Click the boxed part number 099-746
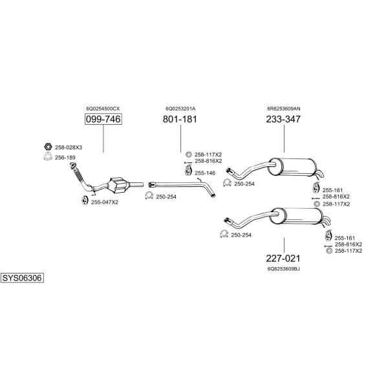point(103,119)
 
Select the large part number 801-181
point(180,119)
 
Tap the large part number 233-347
point(283,119)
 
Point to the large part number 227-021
point(283,258)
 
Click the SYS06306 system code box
point(22,278)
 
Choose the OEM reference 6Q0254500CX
point(103,109)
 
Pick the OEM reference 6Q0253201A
point(180,109)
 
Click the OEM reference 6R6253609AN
point(284,109)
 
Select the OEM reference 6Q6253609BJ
point(284,269)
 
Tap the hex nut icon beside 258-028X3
point(48,147)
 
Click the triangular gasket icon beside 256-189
point(48,157)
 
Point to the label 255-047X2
point(105,202)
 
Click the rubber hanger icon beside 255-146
point(189,171)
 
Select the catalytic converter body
point(118,185)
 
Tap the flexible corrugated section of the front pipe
point(78,175)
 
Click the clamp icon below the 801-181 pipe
point(149,195)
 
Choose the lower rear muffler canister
point(296,216)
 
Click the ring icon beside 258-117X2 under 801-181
point(189,155)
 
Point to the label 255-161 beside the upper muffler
point(332,190)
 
